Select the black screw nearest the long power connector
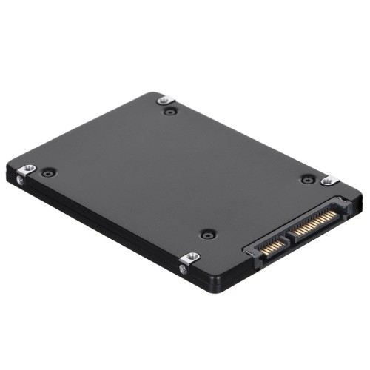(309, 178)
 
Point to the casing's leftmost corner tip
(10, 176)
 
